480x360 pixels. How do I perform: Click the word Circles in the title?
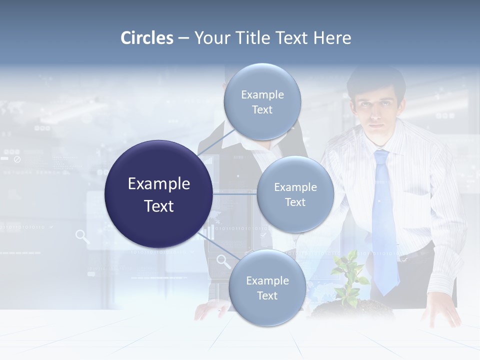click(147, 38)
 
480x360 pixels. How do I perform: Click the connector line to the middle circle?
click(234, 194)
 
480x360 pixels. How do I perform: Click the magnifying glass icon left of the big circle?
click(82, 236)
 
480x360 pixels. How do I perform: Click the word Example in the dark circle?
click(158, 184)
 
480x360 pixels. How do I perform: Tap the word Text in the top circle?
click(262, 110)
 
